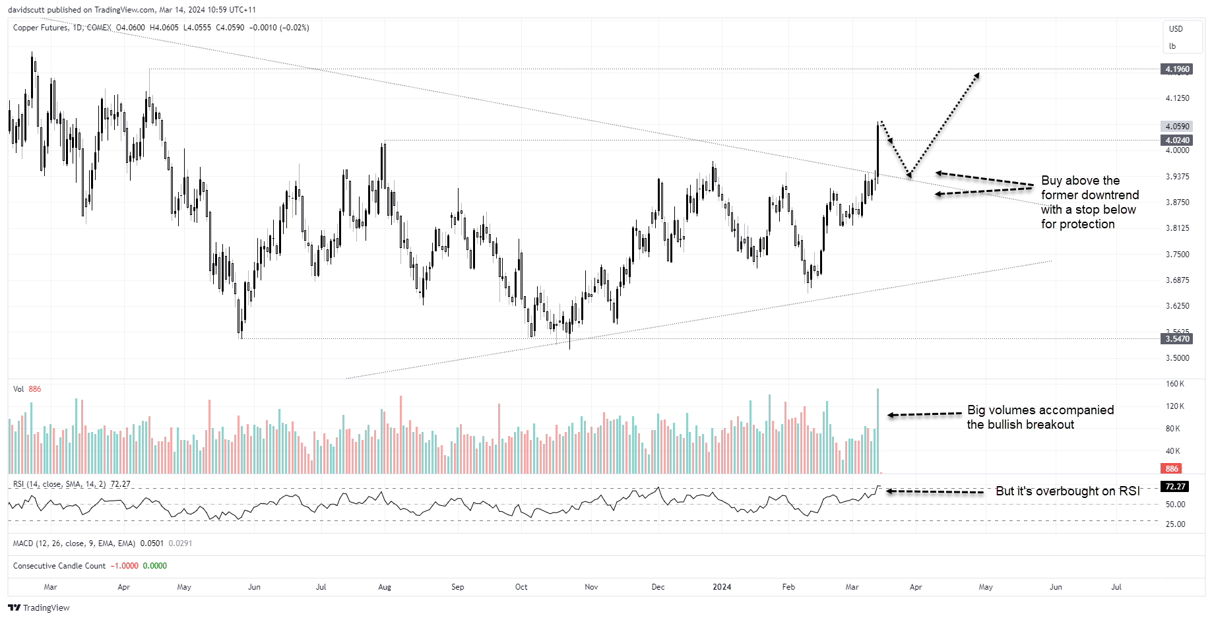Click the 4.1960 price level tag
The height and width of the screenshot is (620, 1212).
point(1176,69)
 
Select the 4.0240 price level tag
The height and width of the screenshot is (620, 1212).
point(1176,140)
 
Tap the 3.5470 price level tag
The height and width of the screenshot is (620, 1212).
point(1176,339)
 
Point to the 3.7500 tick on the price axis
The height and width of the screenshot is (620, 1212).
point(1177,255)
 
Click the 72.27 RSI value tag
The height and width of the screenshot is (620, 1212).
point(1175,487)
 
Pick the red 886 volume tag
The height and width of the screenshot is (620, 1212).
point(1171,469)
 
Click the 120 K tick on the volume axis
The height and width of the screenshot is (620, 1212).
point(1174,406)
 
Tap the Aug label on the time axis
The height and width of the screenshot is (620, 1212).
point(385,587)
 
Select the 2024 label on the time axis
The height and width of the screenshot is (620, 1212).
point(722,587)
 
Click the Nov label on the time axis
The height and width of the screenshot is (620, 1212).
point(591,587)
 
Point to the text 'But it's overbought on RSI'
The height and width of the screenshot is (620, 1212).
point(1068,491)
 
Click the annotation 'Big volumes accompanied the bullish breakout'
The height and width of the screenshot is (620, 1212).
point(1040,418)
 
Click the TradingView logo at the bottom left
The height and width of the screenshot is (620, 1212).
point(39,607)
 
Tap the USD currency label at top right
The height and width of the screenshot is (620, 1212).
point(1176,29)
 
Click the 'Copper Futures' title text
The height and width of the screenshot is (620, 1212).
point(40,28)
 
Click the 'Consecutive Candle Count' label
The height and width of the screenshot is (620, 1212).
point(59,566)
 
